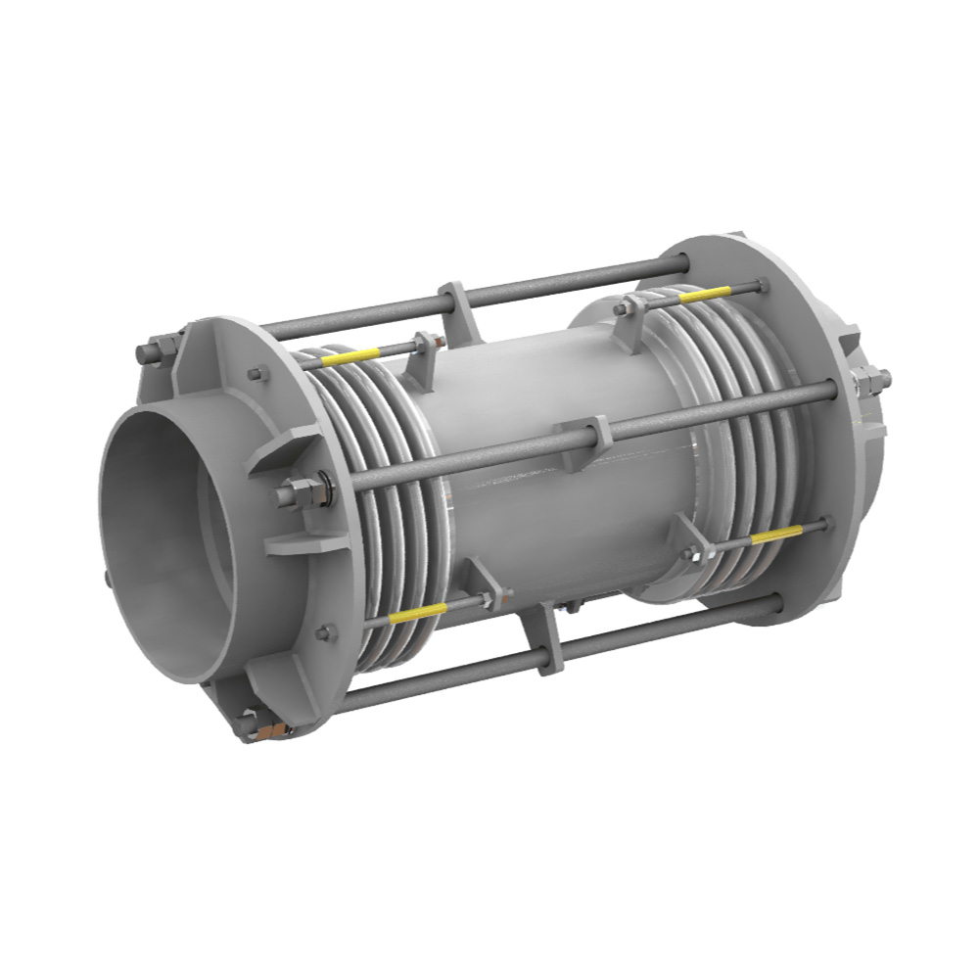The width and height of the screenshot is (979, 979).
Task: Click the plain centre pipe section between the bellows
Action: (x=548, y=489)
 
